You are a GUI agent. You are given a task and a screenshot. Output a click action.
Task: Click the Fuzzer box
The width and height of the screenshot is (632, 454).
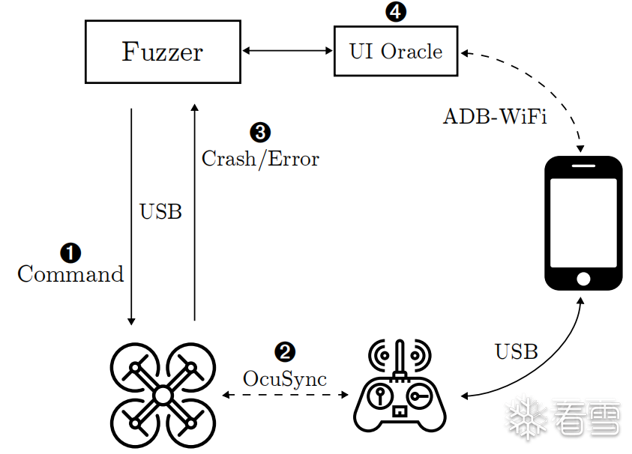coord(162,52)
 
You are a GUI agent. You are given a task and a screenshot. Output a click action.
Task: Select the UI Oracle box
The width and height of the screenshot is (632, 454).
coord(396,52)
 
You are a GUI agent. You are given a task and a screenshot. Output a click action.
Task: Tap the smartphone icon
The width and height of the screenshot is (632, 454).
coord(583,223)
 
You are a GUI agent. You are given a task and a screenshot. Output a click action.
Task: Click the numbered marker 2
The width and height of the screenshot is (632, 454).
coord(285,352)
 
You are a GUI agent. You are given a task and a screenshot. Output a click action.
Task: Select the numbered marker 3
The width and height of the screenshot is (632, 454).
coord(259,133)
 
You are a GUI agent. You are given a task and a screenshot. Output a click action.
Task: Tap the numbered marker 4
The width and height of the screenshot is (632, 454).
coord(394,11)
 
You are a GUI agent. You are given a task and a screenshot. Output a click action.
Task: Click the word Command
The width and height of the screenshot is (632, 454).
coord(70,274)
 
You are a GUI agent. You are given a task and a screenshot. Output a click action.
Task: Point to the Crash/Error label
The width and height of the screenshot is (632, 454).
coord(260,159)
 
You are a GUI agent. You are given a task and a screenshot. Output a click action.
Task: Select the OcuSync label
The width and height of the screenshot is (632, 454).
coord(285,379)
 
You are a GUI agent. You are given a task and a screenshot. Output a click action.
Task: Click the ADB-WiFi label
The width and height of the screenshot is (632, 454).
coord(495,117)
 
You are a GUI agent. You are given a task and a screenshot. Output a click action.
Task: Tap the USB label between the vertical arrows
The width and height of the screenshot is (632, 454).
coord(160,212)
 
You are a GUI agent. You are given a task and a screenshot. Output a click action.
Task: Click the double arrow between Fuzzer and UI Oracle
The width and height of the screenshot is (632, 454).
coord(287,52)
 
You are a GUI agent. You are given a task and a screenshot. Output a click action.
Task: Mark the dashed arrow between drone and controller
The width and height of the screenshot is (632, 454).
coord(285,395)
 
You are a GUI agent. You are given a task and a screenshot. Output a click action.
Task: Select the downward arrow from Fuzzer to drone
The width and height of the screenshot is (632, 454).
coord(132,217)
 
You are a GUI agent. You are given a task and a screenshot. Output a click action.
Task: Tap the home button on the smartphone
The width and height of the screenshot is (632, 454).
coord(583,279)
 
